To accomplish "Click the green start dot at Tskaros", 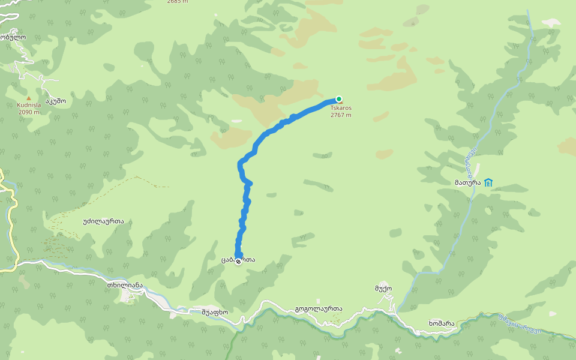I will pos(338,99).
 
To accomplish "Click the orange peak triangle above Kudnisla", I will pos(28,98).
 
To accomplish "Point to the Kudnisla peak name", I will pos(29,105).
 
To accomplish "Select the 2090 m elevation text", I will pos(29,112).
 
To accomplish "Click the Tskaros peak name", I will pos(341,108).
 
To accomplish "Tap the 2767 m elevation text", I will pos(341,115).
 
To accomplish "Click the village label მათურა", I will pos(466,182).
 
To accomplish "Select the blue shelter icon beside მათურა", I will pos(488,182).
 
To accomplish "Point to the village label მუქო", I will pos(383,289).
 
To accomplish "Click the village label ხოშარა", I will pos(441,323).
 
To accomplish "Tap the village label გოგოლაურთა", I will pos(319,309).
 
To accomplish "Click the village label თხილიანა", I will pos(125,285).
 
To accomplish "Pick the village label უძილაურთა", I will pos(103,221).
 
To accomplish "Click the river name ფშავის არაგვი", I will pos(520,324).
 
